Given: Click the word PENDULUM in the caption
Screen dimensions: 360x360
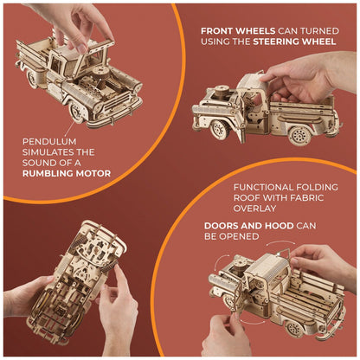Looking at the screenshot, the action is point(49,142).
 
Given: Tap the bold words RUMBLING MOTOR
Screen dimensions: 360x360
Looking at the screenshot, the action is point(67,174).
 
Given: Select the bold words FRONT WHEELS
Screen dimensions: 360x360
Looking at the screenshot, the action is point(238,31).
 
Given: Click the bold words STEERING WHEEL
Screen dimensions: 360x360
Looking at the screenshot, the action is point(294,42).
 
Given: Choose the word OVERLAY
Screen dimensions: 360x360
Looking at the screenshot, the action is point(254,209).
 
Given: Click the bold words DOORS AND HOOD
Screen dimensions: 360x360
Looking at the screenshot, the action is point(249,226).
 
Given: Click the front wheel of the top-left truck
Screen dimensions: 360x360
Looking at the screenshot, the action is point(76,112).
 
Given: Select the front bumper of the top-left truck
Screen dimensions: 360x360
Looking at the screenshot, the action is point(115,114).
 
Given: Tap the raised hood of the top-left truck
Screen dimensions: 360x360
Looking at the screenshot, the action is point(93,55).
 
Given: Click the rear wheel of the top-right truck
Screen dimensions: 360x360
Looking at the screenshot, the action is point(299,135).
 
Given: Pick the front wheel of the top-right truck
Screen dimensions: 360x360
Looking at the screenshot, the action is point(220,130).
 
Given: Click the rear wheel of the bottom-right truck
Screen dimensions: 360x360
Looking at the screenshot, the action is point(294,329).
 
